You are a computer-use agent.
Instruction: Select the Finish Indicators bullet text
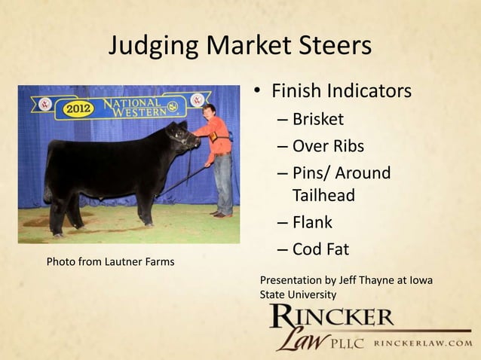341,92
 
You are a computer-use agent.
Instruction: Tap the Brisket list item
317,119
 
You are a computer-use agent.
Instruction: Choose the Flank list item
312,223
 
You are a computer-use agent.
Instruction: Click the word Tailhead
323,196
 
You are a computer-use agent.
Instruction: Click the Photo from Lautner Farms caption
110,262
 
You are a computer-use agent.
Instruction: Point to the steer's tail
50,181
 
